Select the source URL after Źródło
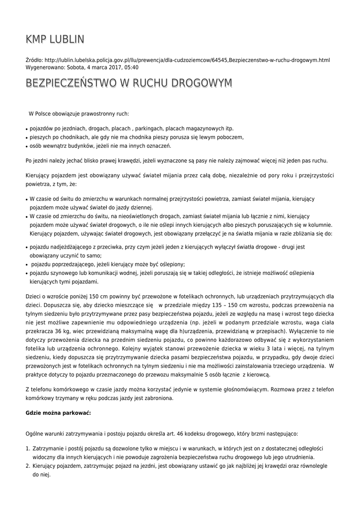187,60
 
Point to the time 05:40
131,67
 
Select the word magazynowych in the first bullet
205,127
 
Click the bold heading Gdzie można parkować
58,413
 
